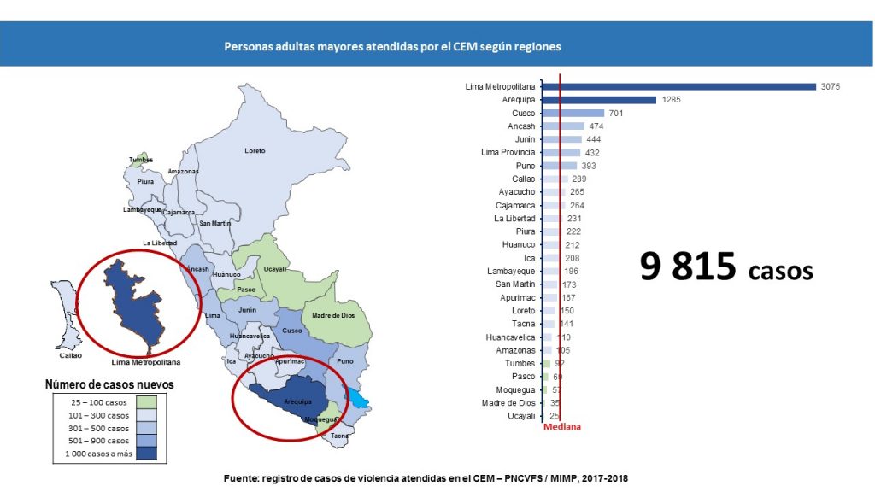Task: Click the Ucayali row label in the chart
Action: (x=520, y=416)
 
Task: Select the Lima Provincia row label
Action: (x=508, y=152)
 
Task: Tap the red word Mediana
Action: (x=561, y=427)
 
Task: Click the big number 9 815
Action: (x=689, y=267)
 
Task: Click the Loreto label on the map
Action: (x=255, y=151)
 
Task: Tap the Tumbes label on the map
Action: (x=141, y=160)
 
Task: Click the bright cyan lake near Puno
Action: (x=357, y=398)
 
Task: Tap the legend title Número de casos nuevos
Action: (x=109, y=385)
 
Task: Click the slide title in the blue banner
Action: (x=392, y=47)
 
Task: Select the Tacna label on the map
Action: (x=340, y=436)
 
